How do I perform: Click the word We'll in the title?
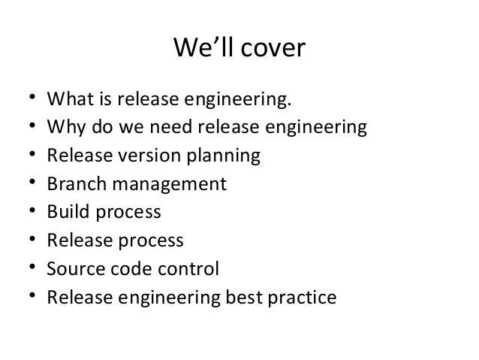[200, 50]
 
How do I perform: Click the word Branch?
[73, 184]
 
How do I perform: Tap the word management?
[164, 185]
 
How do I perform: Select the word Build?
[65, 212]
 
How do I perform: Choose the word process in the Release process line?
[147, 241]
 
